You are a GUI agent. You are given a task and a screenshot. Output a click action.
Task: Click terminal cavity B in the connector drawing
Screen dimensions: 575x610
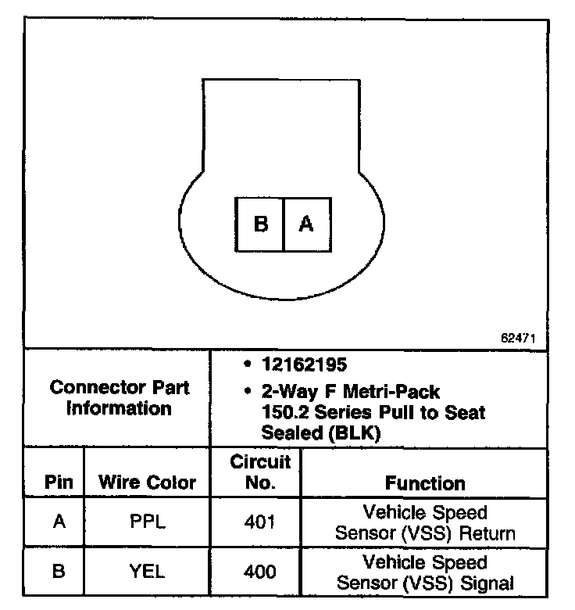click(x=260, y=224)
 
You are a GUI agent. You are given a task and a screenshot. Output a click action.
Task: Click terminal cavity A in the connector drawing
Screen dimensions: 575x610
click(x=306, y=224)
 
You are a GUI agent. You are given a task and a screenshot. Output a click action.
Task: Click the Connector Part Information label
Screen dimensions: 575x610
click(x=119, y=397)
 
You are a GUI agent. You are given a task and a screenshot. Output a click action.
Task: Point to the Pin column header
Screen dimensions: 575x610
click(x=58, y=483)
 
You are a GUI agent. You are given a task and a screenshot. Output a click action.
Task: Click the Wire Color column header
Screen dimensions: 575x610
click(x=147, y=483)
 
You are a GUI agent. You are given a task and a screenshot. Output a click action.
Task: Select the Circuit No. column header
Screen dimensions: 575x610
click(x=260, y=472)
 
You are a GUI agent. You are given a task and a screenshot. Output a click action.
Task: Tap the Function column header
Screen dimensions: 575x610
click(x=425, y=483)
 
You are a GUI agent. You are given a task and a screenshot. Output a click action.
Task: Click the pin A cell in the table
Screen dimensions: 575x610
click(x=58, y=522)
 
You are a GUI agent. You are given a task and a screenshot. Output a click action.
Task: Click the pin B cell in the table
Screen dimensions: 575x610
click(x=58, y=572)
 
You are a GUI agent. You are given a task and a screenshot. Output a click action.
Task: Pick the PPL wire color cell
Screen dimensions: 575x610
click(x=147, y=522)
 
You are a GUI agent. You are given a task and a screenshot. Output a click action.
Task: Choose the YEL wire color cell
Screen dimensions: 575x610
click(x=147, y=572)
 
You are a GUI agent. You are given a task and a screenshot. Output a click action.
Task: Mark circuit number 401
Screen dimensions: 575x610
click(x=260, y=522)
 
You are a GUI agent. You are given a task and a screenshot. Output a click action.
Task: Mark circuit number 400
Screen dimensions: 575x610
click(x=260, y=572)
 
